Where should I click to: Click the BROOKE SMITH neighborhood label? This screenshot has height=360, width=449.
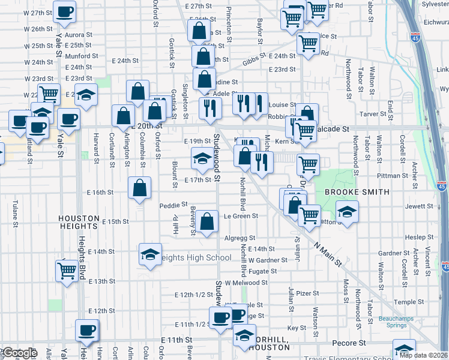(357, 192)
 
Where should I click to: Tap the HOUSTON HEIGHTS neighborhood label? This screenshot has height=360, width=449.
(78, 222)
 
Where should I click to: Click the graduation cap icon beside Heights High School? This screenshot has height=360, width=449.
(150, 254)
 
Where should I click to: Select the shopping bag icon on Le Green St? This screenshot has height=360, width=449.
(207, 221)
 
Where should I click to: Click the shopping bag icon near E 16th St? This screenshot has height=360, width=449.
(139, 188)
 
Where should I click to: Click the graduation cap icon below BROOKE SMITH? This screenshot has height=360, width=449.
(346, 212)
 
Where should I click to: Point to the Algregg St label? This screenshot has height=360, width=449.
(240, 238)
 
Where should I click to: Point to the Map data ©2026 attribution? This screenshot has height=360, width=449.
(423, 355)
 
